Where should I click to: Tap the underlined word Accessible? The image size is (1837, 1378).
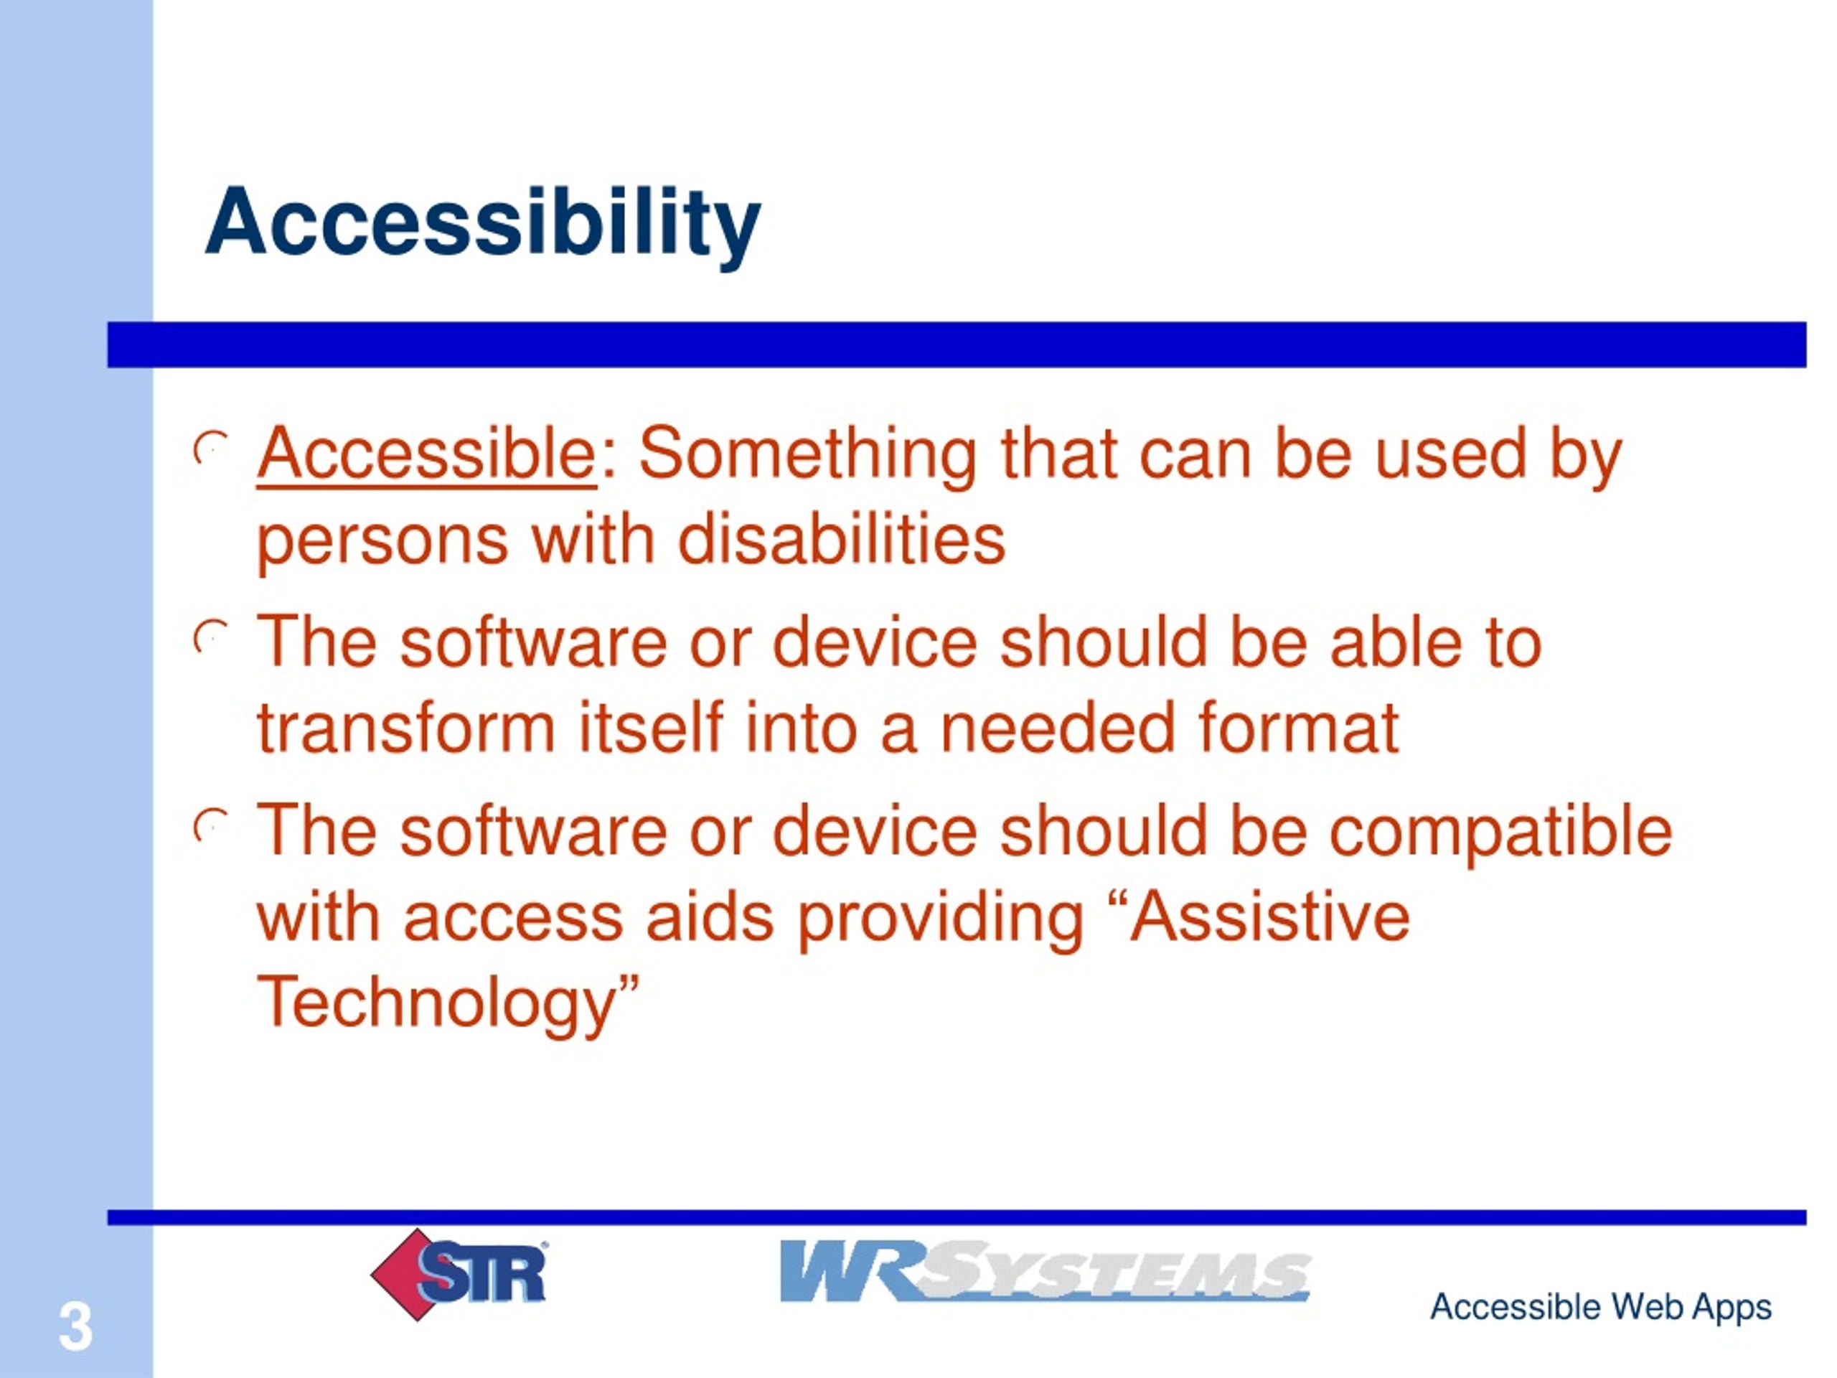point(427,454)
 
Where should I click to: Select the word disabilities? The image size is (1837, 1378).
point(841,540)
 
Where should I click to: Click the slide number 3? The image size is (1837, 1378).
point(75,1326)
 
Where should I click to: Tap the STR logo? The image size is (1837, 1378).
point(459,1273)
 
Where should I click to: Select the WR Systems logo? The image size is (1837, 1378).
point(1046,1271)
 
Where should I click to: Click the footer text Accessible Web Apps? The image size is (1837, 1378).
point(1600,1306)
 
